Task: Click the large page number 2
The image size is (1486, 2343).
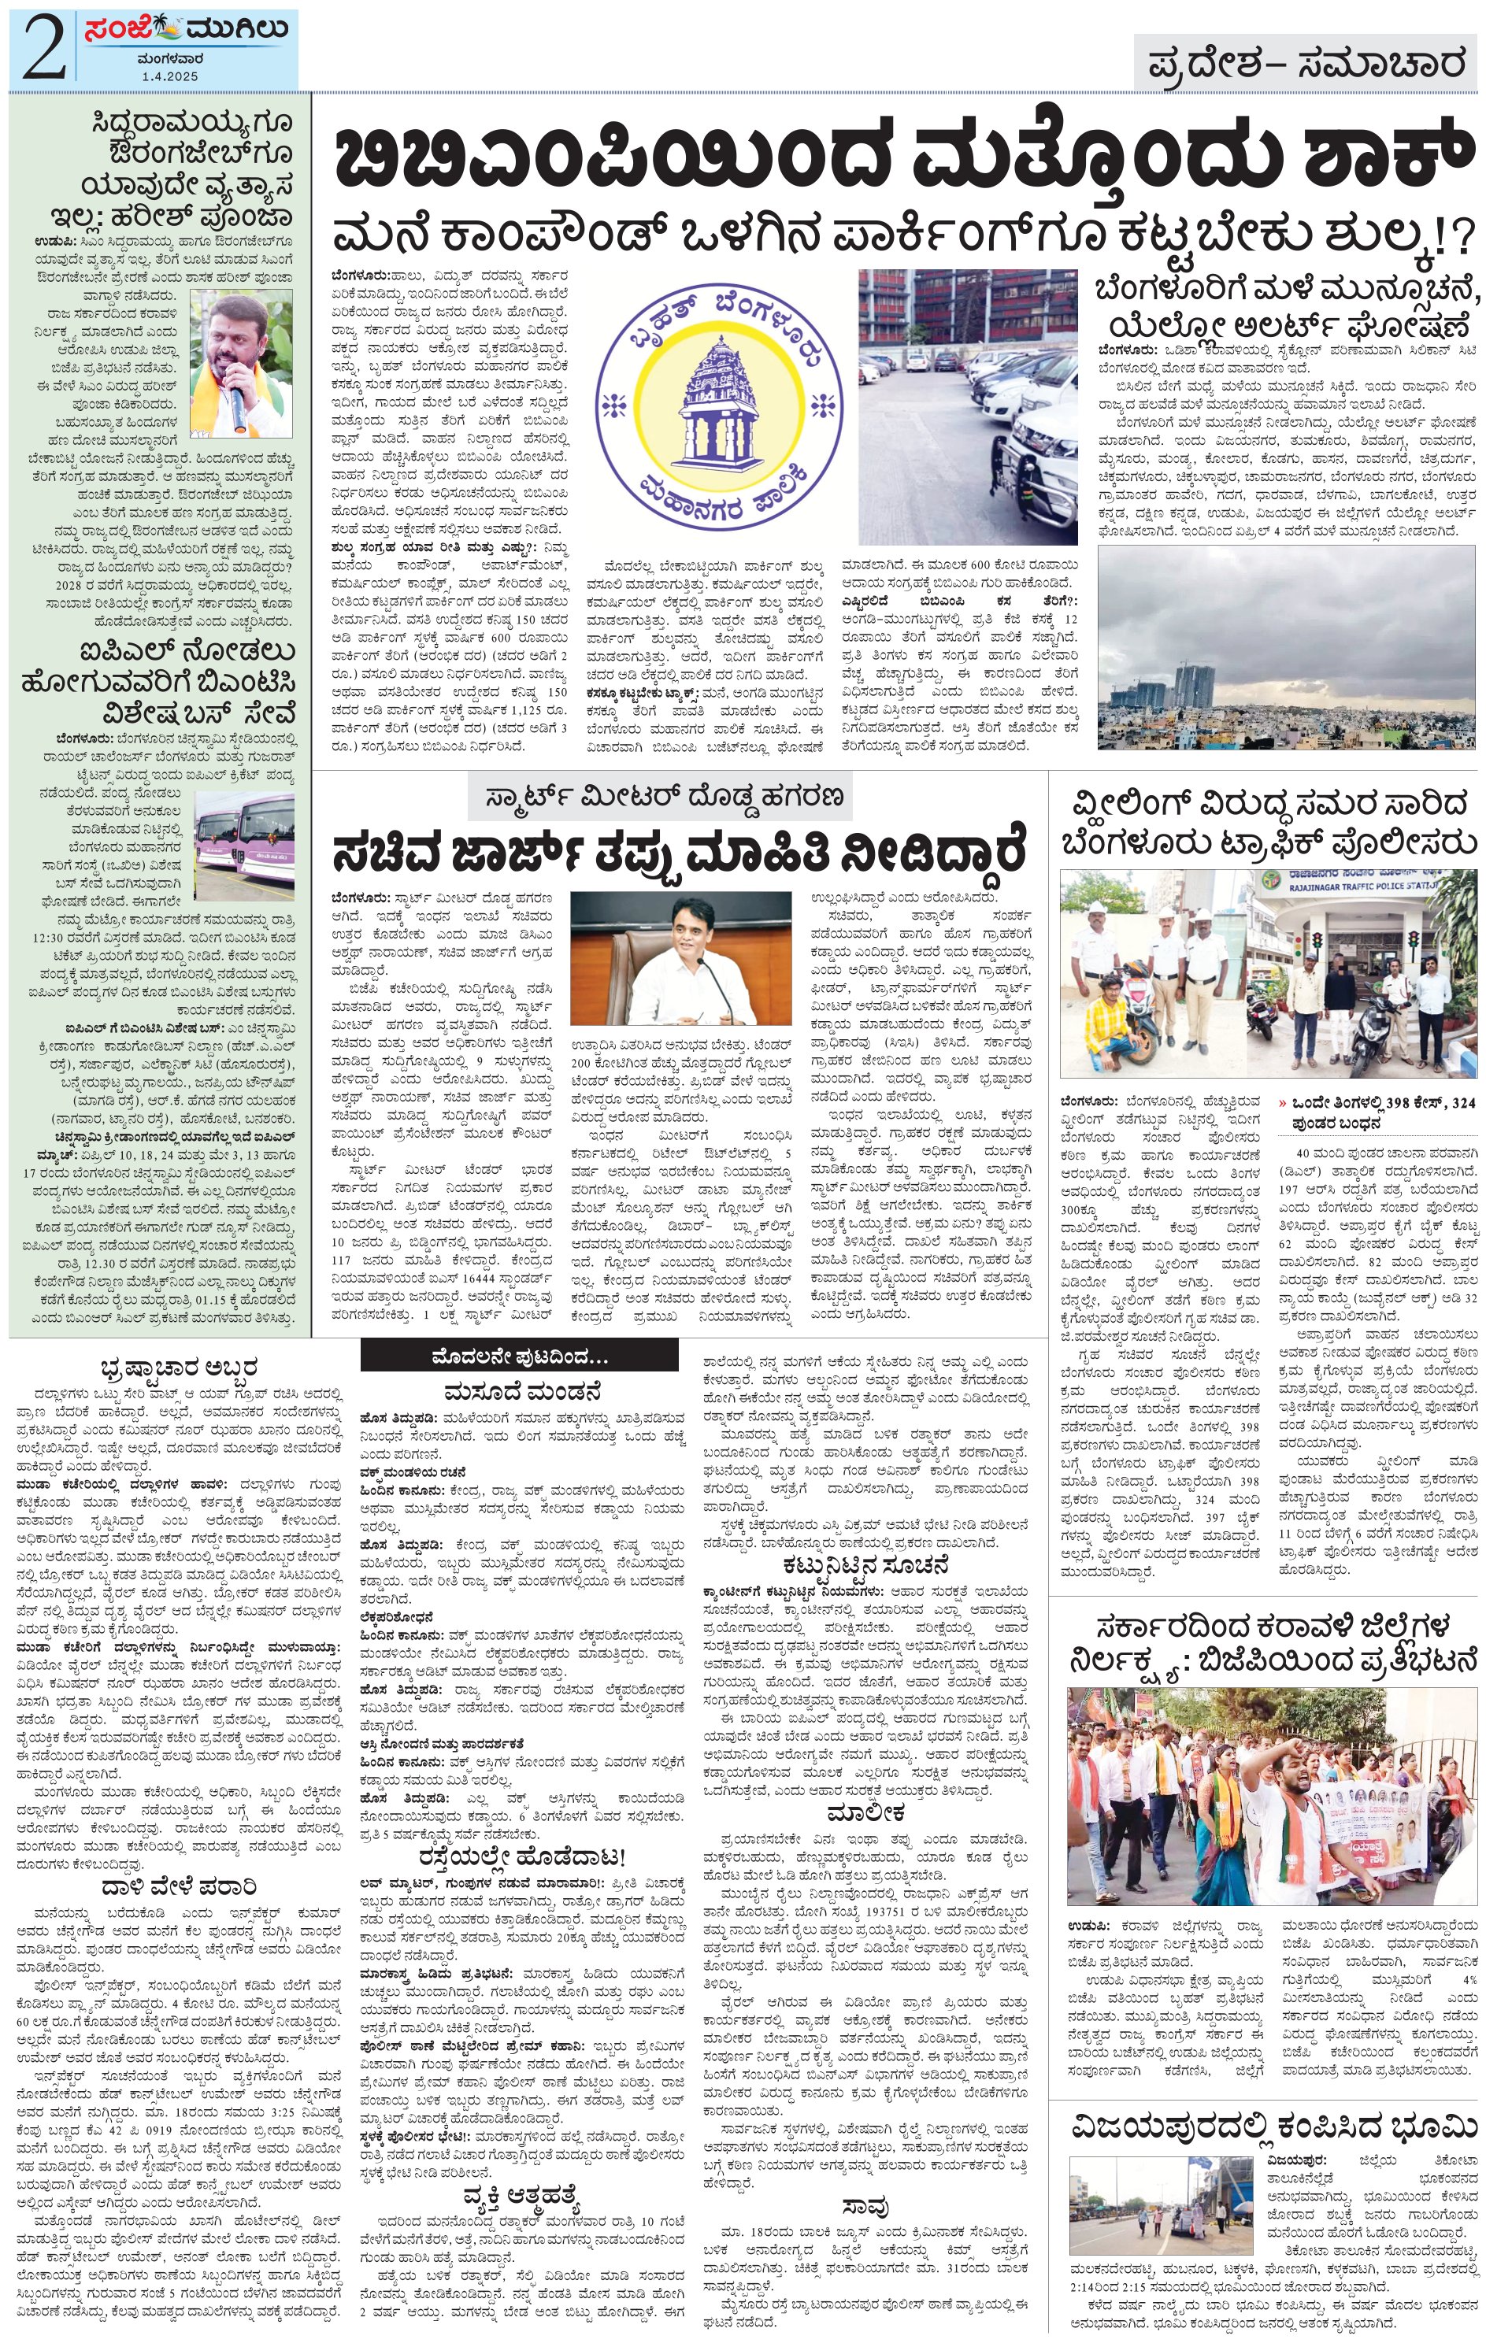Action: [x=41, y=49]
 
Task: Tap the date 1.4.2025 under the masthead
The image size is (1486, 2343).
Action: [x=169, y=75]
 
